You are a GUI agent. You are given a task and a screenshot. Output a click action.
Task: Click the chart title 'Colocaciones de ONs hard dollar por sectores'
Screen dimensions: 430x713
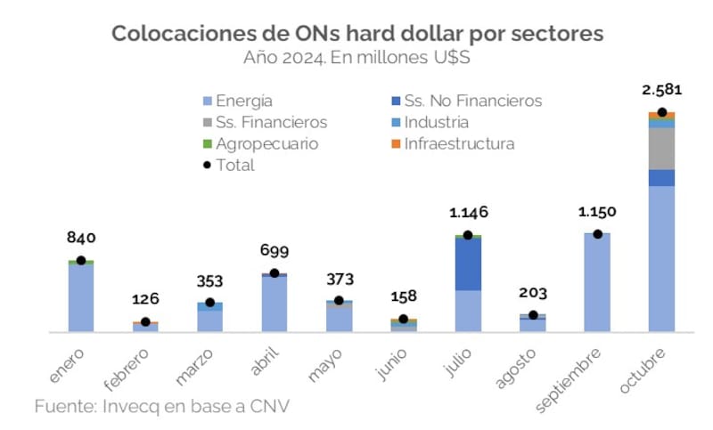pyautogui.click(x=356, y=34)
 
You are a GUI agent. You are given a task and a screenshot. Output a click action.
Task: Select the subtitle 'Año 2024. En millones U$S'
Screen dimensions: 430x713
pyautogui.click(x=356, y=58)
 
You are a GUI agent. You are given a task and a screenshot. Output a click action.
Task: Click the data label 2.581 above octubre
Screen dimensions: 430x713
pyautogui.click(x=661, y=91)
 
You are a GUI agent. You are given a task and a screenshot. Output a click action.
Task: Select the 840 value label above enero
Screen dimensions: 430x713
pyautogui.click(x=81, y=238)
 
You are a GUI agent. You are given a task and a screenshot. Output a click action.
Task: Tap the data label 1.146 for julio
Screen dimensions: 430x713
pyautogui.click(x=468, y=213)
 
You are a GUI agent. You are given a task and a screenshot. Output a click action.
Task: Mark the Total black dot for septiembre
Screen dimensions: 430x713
pyautogui.click(x=597, y=234)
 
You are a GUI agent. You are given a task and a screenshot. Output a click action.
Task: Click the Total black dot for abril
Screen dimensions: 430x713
pyautogui.click(x=275, y=273)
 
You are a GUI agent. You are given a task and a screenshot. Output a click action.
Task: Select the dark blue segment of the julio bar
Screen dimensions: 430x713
pyautogui.click(x=468, y=264)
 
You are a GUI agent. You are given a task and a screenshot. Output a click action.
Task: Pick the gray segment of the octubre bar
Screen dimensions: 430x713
pyautogui.click(x=661, y=149)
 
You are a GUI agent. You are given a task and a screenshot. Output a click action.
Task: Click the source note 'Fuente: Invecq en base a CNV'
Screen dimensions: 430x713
pyautogui.click(x=162, y=406)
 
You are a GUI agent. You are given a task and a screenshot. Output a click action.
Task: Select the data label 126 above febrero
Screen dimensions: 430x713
pyautogui.click(x=145, y=299)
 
